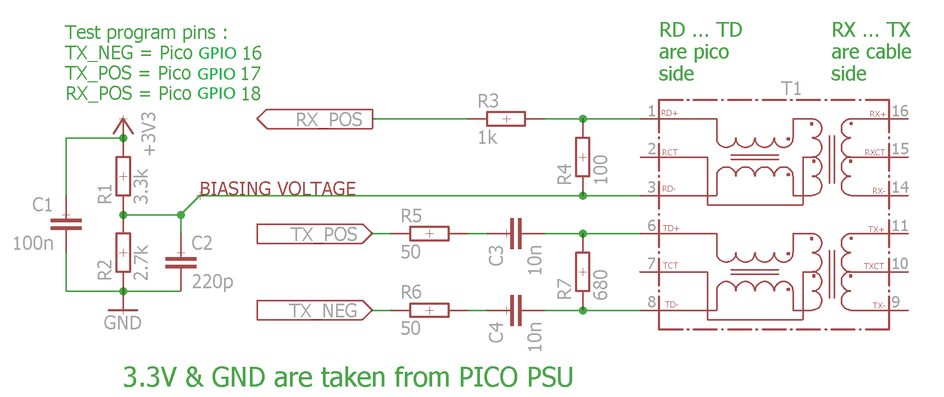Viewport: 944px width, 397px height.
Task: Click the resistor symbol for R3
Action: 506,119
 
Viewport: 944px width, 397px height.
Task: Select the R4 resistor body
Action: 583,157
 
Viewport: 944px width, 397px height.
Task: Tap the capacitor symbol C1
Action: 66,224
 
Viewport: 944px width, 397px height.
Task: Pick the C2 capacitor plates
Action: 181,262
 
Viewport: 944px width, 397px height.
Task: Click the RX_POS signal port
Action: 315,119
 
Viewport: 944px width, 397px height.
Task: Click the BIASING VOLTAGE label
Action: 277,188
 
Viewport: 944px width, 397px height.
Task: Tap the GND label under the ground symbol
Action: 122,323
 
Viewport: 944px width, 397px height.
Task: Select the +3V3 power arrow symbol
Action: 123,126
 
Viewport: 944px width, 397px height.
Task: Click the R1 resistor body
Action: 123,176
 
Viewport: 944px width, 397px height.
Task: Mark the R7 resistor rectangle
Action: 583,272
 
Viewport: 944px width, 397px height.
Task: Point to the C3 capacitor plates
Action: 516,234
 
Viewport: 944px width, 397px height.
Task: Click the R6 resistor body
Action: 429,310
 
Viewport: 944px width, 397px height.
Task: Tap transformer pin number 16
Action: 900,111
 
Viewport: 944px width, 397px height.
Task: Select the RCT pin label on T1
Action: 669,153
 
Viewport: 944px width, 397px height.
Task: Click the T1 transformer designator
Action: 791,88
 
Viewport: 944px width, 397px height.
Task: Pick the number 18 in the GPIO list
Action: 251,94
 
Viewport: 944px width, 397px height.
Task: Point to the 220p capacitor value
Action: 213,282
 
